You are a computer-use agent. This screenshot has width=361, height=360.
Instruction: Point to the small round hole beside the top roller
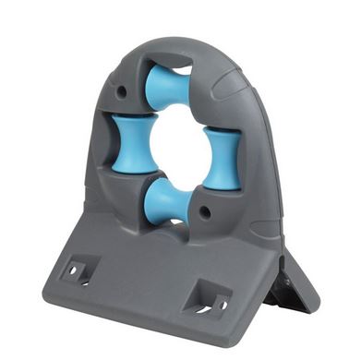click(x=122, y=91)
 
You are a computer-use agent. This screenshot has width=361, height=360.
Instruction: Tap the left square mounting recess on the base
click(x=76, y=270)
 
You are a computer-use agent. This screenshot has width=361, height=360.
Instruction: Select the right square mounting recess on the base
click(x=204, y=300)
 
